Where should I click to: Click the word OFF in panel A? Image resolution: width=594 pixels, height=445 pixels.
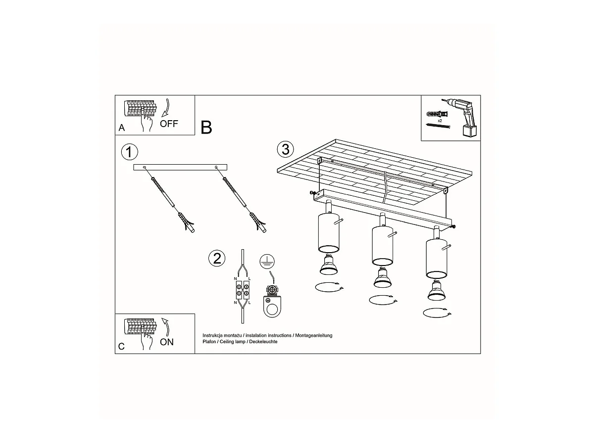click(169, 124)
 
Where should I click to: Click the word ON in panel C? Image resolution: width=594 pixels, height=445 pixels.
click(167, 342)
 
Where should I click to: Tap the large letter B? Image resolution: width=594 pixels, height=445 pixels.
click(206, 127)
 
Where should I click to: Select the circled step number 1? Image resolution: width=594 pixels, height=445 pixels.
click(129, 152)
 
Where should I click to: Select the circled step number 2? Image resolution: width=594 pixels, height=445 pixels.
click(217, 258)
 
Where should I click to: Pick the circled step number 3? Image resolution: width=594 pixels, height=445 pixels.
click(286, 149)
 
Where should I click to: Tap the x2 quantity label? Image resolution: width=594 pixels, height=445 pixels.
click(440, 121)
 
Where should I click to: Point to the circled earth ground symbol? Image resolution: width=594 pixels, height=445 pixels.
click(267, 262)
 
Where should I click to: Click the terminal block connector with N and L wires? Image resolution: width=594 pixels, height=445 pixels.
click(243, 290)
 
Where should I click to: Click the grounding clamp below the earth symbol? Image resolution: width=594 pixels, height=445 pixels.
click(272, 301)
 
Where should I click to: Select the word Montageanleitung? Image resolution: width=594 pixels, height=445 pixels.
click(314, 335)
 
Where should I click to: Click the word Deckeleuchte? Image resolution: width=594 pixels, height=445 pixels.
click(263, 342)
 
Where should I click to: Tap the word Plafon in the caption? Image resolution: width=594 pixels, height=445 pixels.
click(209, 342)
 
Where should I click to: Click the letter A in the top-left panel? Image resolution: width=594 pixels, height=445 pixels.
click(122, 128)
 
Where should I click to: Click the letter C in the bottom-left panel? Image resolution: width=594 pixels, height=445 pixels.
click(121, 347)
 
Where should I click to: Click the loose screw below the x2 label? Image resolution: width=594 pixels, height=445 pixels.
click(439, 126)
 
